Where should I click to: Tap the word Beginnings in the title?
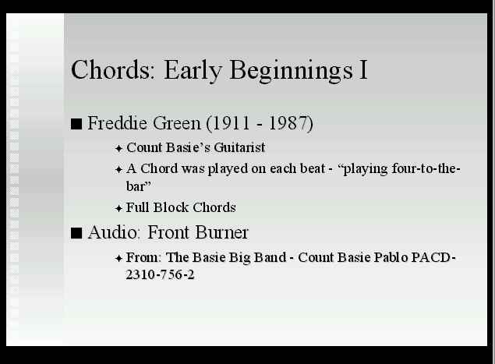tap(291, 71)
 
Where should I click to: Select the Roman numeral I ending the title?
tap(363, 69)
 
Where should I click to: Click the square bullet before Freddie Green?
tap(76, 124)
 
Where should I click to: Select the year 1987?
tap(288, 123)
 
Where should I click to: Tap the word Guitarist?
tap(239, 147)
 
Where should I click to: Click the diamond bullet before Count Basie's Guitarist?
tap(118, 148)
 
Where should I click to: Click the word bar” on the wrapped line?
tap(138, 186)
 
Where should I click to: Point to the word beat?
tap(313, 168)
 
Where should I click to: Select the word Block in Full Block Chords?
tap(171, 207)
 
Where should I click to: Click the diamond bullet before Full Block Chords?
tap(118, 208)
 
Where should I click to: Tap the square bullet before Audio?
tap(76, 234)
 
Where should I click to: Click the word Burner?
tap(221, 232)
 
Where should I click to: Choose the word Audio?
tap(113, 232)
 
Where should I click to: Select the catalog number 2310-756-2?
tap(160, 274)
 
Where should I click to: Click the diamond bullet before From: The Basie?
tap(118, 259)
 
